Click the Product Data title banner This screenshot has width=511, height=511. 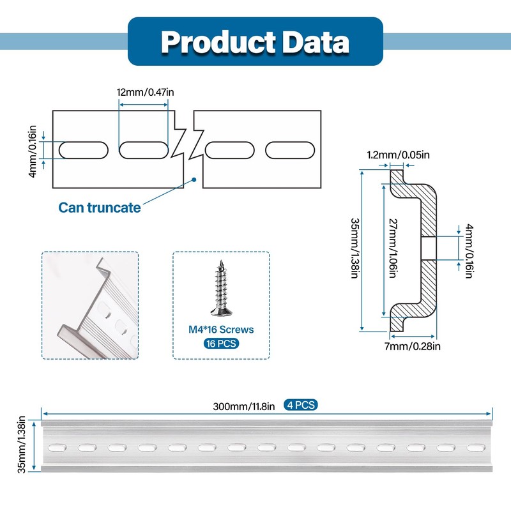pyautogui.click(x=256, y=42)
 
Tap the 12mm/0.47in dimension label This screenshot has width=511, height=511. pyautogui.click(x=145, y=92)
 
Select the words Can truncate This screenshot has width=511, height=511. pyautogui.click(x=100, y=208)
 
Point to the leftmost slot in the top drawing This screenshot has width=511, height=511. pyautogui.click(x=83, y=150)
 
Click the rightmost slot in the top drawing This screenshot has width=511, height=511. pyautogui.click(x=291, y=150)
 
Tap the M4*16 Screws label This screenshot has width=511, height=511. pyautogui.click(x=221, y=330)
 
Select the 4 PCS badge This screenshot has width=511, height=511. pyautogui.click(x=300, y=405)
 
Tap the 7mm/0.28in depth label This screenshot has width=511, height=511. pyautogui.click(x=413, y=346)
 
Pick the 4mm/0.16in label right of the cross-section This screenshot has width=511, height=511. pyautogui.click(x=469, y=250)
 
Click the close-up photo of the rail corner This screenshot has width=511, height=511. pyautogui.click(x=90, y=305)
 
